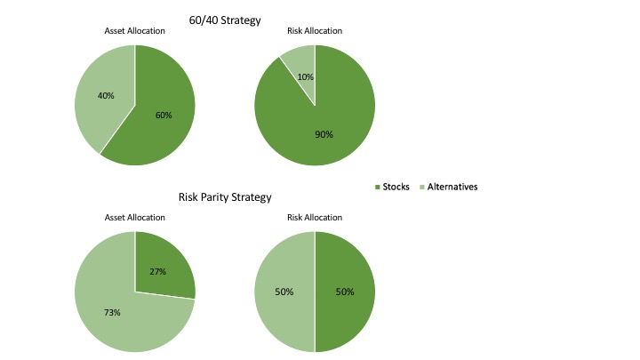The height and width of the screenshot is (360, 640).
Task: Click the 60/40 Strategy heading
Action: pyautogui.click(x=225, y=20)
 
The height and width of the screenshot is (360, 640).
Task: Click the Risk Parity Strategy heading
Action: pyautogui.click(x=225, y=197)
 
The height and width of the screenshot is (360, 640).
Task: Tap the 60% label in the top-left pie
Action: pyautogui.click(x=163, y=115)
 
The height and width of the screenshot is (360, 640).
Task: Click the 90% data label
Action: pyautogui.click(x=324, y=134)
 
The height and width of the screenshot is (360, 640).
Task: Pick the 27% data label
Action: pyautogui.click(x=157, y=271)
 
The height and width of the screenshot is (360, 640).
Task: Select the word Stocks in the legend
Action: pyautogui.click(x=396, y=187)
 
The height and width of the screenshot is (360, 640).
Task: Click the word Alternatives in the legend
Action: pyautogui.click(x=452, y=187)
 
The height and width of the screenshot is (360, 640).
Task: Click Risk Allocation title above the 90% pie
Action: pyautogui.click(x=315, y=31)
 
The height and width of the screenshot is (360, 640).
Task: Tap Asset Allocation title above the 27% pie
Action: pyautogui.click(x=135, y=217)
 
